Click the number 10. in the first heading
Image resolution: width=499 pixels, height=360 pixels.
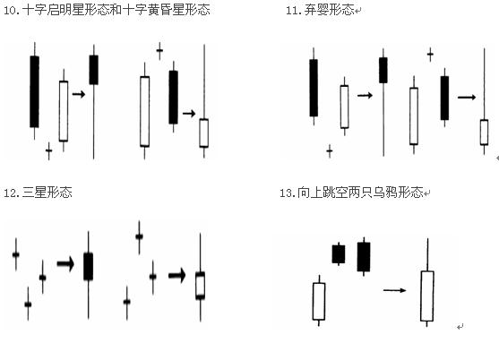click(11, 10)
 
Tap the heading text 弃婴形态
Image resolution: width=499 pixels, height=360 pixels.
click(329, 10)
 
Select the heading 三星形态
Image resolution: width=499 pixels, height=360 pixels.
click(47, 193)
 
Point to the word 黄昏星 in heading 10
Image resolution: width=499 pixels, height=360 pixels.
click(166, 10)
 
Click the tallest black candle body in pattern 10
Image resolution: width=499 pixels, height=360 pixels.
click(34, 91)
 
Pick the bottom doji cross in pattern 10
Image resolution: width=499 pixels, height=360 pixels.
click(48, 150)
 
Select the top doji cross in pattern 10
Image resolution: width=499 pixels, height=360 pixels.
click(159, 51)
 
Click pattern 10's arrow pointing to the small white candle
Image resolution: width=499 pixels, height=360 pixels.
click(189, 113)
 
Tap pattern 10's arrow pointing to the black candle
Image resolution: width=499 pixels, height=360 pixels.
click(79, 94)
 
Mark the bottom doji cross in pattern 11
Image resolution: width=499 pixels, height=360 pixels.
click(330, 150)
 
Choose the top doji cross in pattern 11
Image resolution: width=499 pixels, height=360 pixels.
click(430, 55)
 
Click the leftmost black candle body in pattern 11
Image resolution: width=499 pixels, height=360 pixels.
click(314, 88)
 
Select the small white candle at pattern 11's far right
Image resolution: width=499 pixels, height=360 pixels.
click(484, 133)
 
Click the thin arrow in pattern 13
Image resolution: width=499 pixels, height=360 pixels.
click(394, 290)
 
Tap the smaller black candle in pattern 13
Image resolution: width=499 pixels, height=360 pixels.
click(339, 254)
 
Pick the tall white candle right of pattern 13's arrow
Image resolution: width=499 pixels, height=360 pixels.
click(427, 296)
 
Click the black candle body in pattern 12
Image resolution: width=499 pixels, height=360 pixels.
click(88, 267)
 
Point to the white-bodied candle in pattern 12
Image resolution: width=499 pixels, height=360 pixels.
click(200, 286)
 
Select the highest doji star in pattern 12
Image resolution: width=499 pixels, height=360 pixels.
click(139, 236)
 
